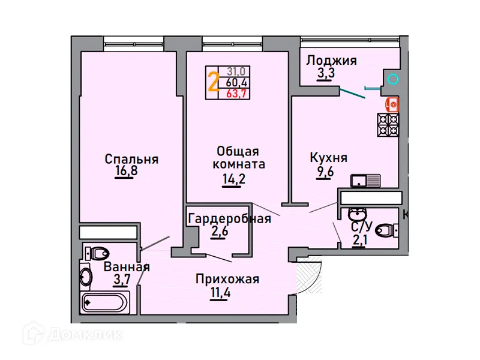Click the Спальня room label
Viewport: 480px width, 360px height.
point(131,159)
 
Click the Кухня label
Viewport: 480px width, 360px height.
point(328,158)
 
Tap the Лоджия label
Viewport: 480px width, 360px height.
point(331,60)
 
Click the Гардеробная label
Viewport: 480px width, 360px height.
point(229,218)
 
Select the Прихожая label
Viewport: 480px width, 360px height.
point(227,279)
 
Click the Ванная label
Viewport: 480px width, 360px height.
point(127,267)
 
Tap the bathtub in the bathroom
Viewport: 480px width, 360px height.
point(105,302)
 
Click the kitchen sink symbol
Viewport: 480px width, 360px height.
point(365,179)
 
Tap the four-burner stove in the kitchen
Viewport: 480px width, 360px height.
point(388,125)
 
